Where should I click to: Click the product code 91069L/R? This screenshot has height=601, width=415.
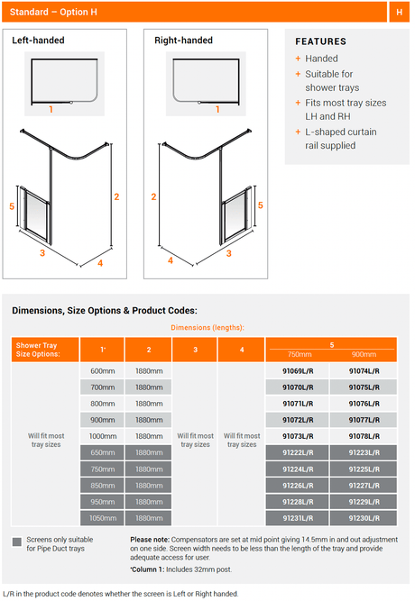click(x=298, y=371)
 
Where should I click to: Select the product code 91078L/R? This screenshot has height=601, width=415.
click(x=364, y=436)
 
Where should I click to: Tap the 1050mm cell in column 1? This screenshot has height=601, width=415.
click(x=103, y=518)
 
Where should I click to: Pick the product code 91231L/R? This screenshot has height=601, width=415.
click(x=298, y=518)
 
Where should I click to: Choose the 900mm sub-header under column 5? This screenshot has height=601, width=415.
click(x=364, y=354)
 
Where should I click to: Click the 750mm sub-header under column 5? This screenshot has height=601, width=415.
click(x=300, y=354)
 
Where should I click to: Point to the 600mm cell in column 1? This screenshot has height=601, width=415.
click(x=103, y=371)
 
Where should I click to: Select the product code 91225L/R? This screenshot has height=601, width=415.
click(x=364, y=469)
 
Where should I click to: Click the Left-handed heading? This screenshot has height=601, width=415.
click(x=38, y=41)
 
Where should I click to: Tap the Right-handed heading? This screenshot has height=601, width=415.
click(x=183, y=41)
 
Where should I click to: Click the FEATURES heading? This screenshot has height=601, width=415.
click(x=320, y=41)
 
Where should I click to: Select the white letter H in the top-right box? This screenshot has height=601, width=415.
click(x=400, y=13)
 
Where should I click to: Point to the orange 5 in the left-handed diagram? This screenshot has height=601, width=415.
click(x=12, y=206)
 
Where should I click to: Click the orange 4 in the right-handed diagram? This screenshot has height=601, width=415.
click(x=171, y=260)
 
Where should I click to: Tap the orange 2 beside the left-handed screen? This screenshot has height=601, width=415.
click(x=116, y=197)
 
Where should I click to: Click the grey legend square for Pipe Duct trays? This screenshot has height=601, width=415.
click(x=17, y=542)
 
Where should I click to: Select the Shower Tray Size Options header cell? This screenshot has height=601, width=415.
click(x=45, y=350)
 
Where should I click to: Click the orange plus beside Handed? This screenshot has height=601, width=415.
click(x=298, y=59)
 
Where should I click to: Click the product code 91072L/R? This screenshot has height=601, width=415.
click(x=298, y=420)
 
